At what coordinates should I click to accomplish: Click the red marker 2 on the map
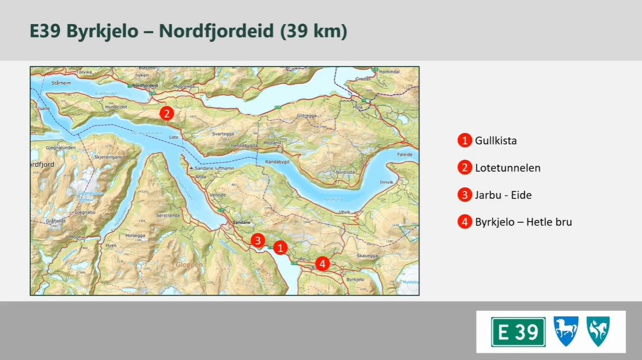[x=167, y=113]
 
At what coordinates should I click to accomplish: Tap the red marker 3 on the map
[x=258, y=240]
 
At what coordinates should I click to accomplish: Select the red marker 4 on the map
[x=323, y=263]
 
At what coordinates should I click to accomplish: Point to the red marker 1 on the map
[x=281, y=248]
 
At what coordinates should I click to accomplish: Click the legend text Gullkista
[x=495, y=141]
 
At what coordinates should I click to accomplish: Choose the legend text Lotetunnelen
[x=508, y=168]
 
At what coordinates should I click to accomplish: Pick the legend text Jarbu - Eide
[x=503, y=195]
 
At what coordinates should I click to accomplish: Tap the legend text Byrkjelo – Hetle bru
[x=523, y=222]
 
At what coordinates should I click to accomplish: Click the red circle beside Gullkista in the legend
[x=465, y=141]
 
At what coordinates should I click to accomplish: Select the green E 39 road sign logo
[x=518, y=332]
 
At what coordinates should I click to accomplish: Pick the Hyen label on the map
[x=110, y=245]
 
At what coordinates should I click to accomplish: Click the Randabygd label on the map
[x=277, y=162]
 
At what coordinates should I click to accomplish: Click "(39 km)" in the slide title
[x=313, y=31]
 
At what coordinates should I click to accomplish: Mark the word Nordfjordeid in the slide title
[x=216, y=31]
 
